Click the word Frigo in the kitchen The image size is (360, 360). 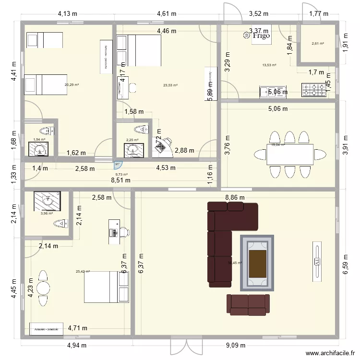(262, 36)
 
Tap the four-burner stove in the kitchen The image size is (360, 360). (313, 90)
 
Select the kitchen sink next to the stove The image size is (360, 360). (267, 91)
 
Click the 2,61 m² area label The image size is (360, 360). (317, 44)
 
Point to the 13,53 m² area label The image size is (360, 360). (269, 65)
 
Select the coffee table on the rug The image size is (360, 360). (257, 263)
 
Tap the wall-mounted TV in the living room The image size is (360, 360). (317, 262)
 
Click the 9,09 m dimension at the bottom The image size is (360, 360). (236, 345)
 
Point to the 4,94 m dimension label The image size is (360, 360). (76, 345)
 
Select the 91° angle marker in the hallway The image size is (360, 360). (117, 164)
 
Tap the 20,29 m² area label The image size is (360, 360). (72, 85)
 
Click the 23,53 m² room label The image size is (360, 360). (170, 85)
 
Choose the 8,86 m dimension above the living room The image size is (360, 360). (235, 197)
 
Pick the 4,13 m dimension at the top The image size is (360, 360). (68, 14)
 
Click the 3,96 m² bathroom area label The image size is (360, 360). (47, 214)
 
